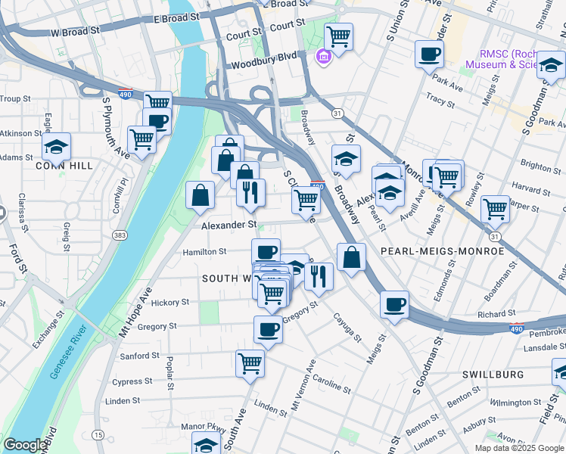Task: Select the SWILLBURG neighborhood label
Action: point(493,375)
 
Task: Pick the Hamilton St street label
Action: point(204,252)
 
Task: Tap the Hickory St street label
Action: point(169,302)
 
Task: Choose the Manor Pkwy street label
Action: point(201,427)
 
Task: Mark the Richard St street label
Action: point(496,313)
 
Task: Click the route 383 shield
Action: point(120,236)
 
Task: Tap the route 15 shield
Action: point(98,434)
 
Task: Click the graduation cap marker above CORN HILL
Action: point(56,145)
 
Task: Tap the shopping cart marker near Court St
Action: point(338,35)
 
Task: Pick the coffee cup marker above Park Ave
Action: point(429,53)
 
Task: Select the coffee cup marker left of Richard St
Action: point(394,304)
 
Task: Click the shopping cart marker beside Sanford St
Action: point(250,362)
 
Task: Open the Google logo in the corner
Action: point(26,445)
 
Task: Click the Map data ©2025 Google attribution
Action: point(518,448)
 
